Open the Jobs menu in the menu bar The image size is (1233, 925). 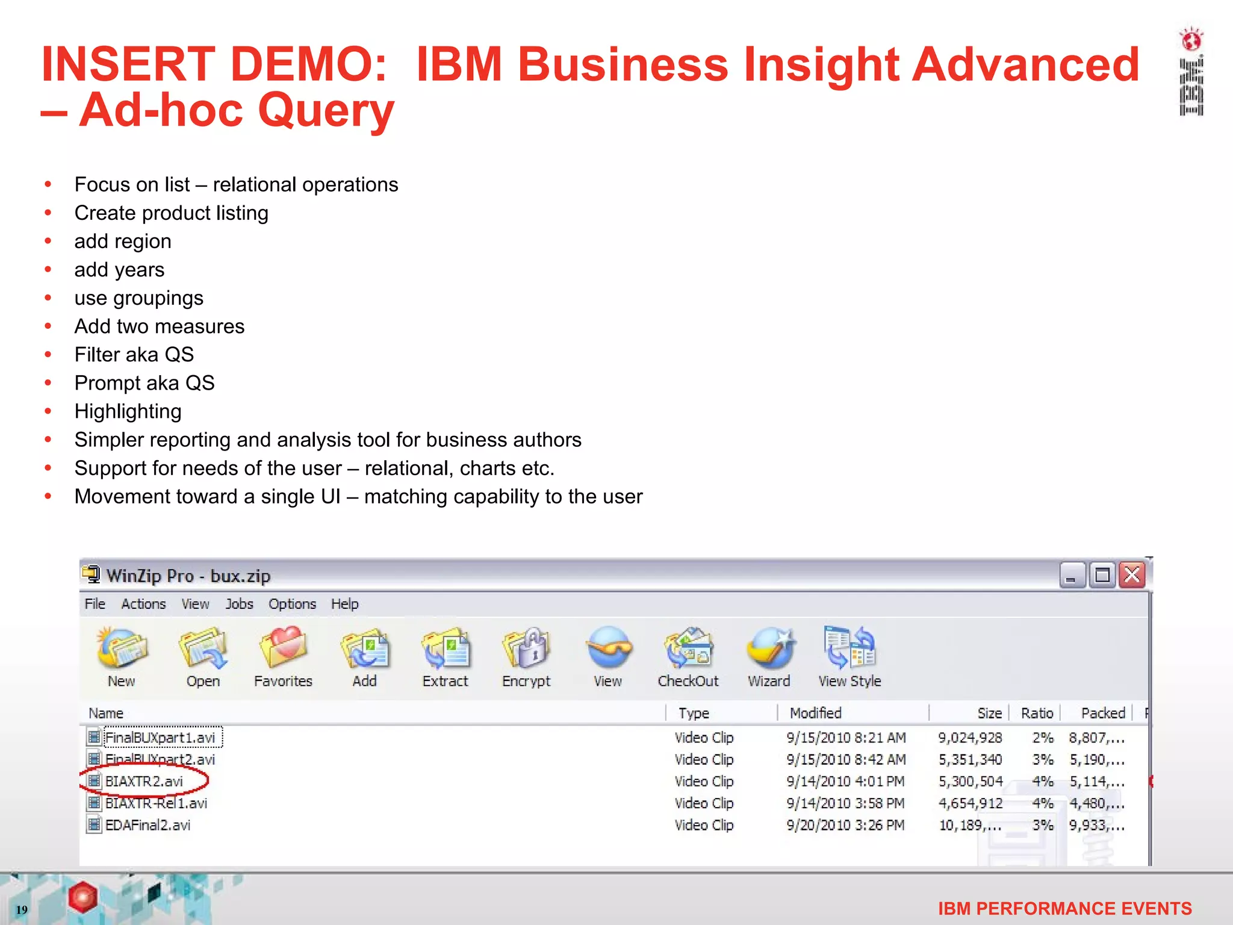[x=239, y=604]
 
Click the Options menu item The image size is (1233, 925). [x=292, y=604]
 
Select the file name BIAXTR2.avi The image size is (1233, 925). [x=144, y=782]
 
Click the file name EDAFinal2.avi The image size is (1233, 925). [x=148, y=826]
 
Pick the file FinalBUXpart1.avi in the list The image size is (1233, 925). [x=160, y=738]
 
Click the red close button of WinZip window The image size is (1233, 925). [x=1132, y=576]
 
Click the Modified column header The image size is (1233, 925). [x=816, y=714]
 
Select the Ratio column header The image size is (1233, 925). [x=1037, y=714]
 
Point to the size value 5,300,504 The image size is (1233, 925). [x=971, y=782]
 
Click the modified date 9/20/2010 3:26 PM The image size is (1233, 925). [x=845, y=826]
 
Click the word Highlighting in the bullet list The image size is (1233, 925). [x=128, y=411]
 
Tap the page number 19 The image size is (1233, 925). [x=22, y=910]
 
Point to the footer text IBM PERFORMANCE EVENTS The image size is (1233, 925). [x=1064, y=909]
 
